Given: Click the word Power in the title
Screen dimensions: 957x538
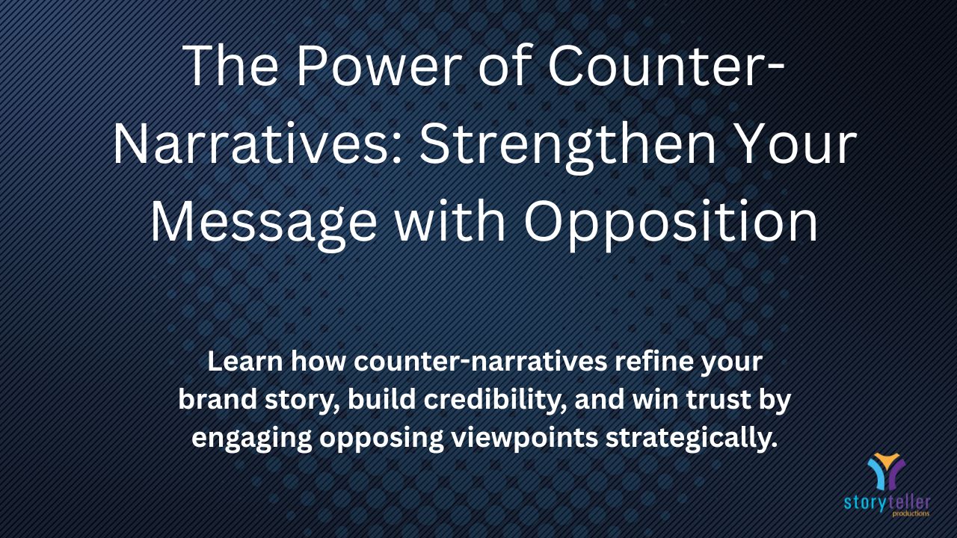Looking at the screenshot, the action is tap(379, 66).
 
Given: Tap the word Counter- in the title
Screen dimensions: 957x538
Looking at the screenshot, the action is tap(666, 66).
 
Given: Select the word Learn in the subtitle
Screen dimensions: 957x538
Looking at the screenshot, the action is tap(245, 361).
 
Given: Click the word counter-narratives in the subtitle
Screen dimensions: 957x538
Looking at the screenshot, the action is tap(481, 361).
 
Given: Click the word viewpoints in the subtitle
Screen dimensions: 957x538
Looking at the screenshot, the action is tap(525, 439).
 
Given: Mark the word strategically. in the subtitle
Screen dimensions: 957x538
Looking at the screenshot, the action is tap(692, 439).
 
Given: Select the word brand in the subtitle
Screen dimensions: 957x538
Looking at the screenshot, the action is tap(218, 400).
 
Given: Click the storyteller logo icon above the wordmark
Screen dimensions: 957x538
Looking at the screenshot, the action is tap(886, 471).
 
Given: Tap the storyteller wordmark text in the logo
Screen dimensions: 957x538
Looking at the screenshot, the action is tap(887, 503).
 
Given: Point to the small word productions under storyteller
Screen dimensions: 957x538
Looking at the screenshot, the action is tap(911, 513).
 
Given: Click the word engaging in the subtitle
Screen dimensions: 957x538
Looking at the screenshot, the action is tap(252, 439).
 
